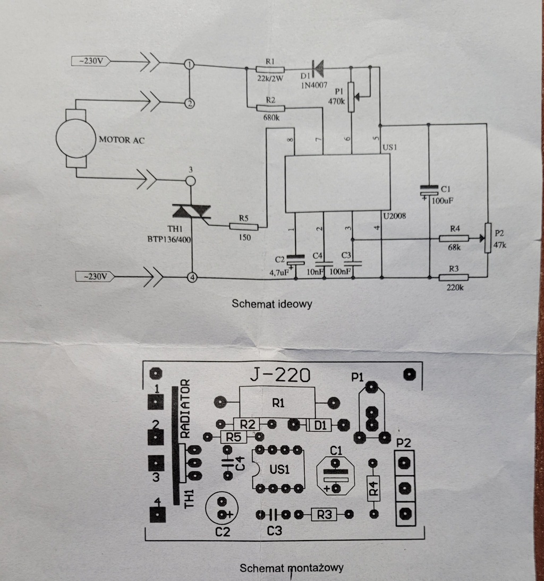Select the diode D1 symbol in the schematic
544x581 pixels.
[x=318, y=67]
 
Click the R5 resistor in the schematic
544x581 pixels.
[x=244, y=227]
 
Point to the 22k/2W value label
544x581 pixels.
[x=270, y=79]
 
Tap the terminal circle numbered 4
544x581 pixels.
[x=192, y=277]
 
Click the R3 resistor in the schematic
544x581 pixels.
[x=454, y=277]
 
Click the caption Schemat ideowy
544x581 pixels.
[x=271, y=304]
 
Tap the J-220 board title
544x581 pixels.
[x=280, y=376]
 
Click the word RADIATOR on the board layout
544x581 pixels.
[x=184, y=408]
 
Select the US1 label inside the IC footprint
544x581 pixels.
[x=279, y=469]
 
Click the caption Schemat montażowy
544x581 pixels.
[x=291, y=568]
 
